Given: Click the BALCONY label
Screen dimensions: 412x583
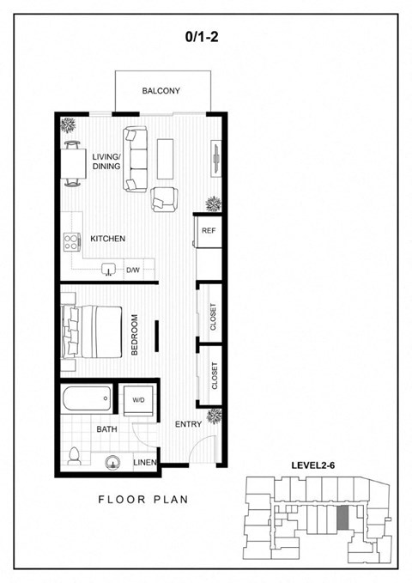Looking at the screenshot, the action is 161,91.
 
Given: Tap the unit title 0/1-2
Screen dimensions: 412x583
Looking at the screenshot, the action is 202,36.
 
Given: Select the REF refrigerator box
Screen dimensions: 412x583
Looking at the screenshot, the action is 208,230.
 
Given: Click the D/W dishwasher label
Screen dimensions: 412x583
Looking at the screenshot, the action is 133,270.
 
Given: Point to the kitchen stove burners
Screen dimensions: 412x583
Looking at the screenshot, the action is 72,241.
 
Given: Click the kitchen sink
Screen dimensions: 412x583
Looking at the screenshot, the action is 109,270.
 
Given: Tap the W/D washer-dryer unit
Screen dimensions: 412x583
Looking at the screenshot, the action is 138,400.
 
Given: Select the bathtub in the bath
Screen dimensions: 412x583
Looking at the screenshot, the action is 87,399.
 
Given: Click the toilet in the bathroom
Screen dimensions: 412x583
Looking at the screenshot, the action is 75,456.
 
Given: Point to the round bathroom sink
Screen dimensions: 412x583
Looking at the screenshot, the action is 112,463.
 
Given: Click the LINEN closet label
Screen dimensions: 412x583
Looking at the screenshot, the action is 145,463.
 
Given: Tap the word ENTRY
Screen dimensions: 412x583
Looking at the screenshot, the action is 189,424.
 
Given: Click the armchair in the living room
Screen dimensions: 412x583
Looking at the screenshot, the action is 164,200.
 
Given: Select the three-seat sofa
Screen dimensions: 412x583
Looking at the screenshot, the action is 136,159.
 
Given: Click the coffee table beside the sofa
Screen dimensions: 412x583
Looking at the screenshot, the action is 165,159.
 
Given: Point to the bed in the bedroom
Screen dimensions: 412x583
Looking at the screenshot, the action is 92,331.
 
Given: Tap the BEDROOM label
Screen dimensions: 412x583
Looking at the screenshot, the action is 135,335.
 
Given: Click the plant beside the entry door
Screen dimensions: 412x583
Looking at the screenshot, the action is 215,416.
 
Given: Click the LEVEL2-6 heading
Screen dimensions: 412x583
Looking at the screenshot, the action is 313,465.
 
